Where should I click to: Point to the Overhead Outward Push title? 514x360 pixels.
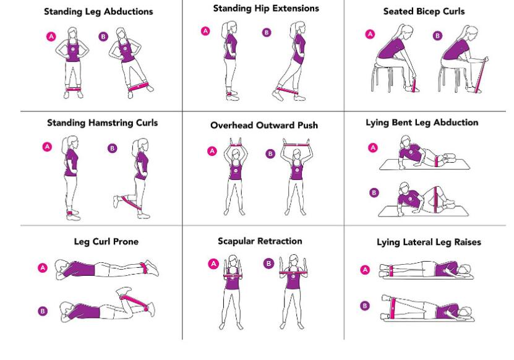coord(264,125)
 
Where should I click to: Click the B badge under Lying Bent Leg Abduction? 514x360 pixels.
coord(373,192)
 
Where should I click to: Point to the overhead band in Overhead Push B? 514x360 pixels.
coord(294,144)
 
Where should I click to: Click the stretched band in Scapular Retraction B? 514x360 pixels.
coord(294,272)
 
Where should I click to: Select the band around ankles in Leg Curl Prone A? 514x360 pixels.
coord(145,267)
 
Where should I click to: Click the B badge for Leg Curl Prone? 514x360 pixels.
coord(43,311)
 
